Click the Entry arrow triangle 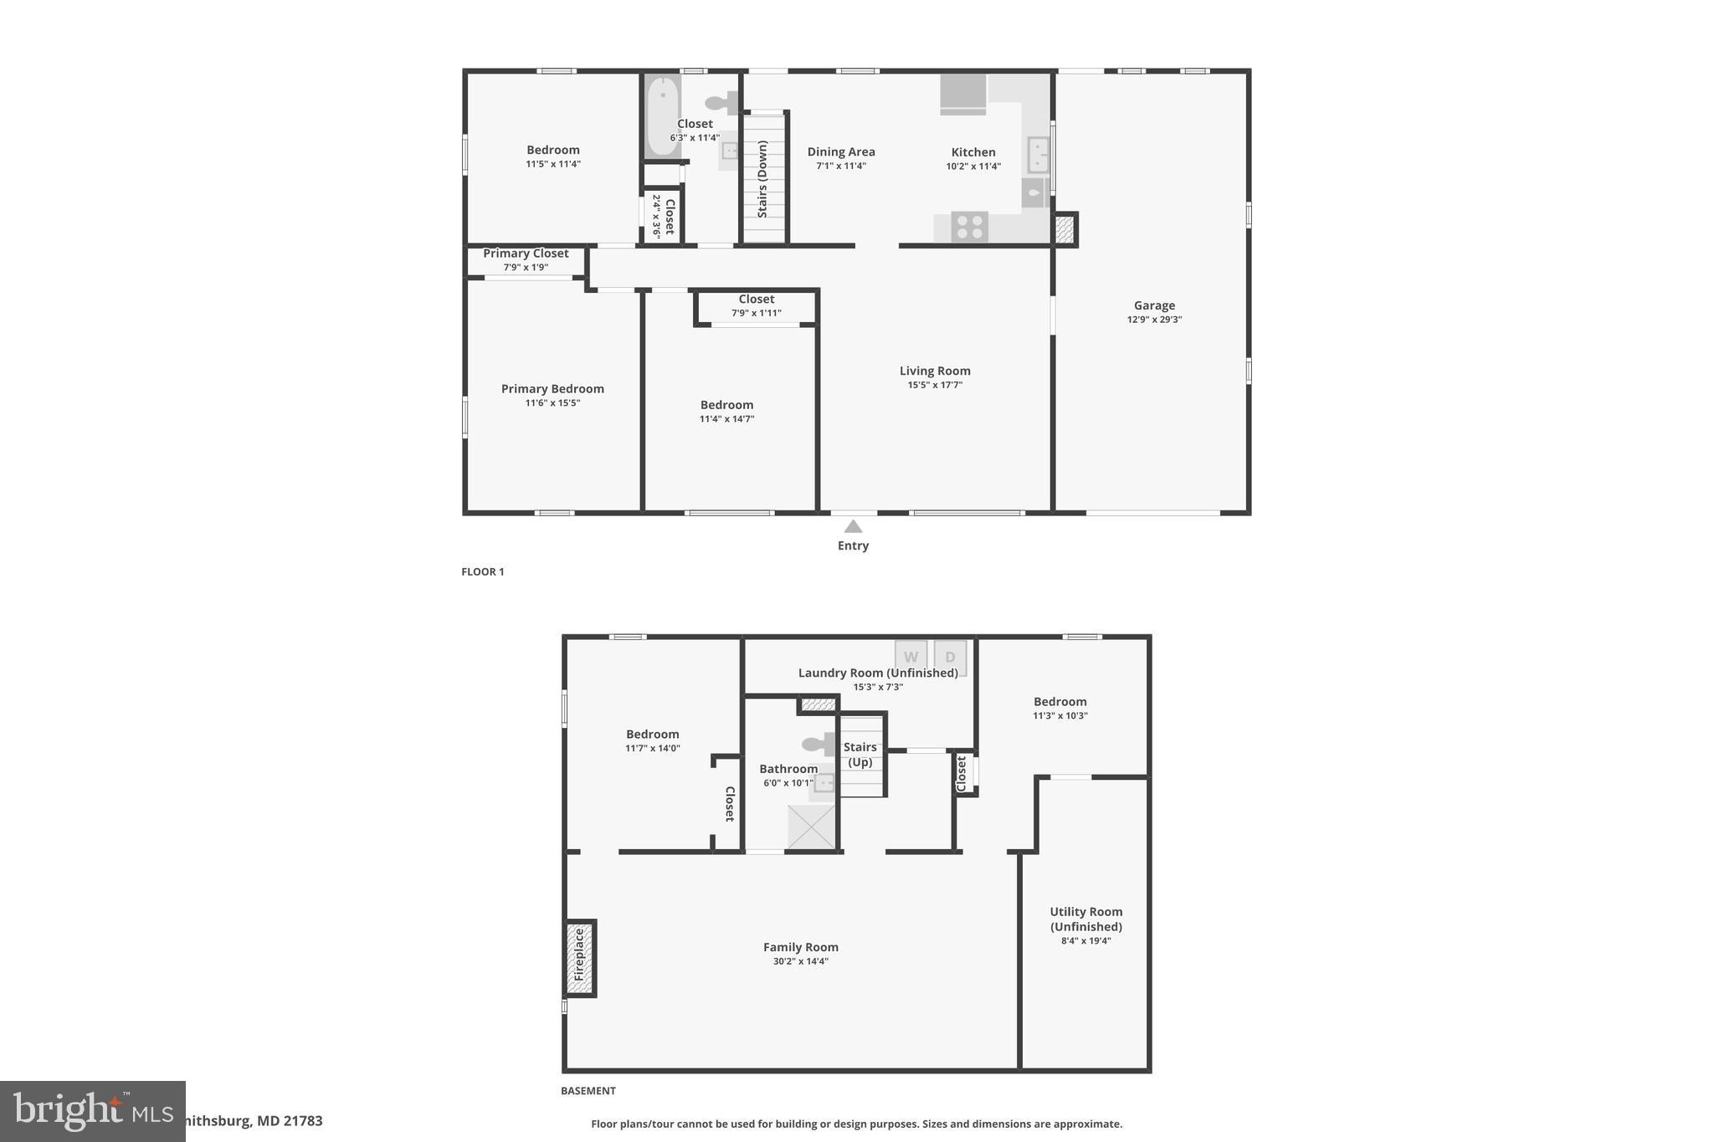pos(853,526)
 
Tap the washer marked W pos(911,656)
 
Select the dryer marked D pos(950,656)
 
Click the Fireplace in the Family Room pos(579,957)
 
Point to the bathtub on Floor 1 pos(662,115)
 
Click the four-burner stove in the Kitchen pos(969,227)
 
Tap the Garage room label pos(1154,305)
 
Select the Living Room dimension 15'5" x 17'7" pos(935,385)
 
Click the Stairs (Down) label pos(762,179)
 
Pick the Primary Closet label pos(526,253)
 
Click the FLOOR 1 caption pos(483,572)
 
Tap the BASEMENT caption pos(588,1090)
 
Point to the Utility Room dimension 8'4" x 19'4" pos(1085,940)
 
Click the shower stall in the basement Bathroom pos(811,827)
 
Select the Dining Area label pos(841,151)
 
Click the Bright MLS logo pos(92,1111)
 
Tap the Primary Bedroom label pos(552,388)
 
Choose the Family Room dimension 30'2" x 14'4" pos(800,961)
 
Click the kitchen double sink pos(1038,156)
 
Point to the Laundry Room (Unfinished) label pos(878,673)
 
